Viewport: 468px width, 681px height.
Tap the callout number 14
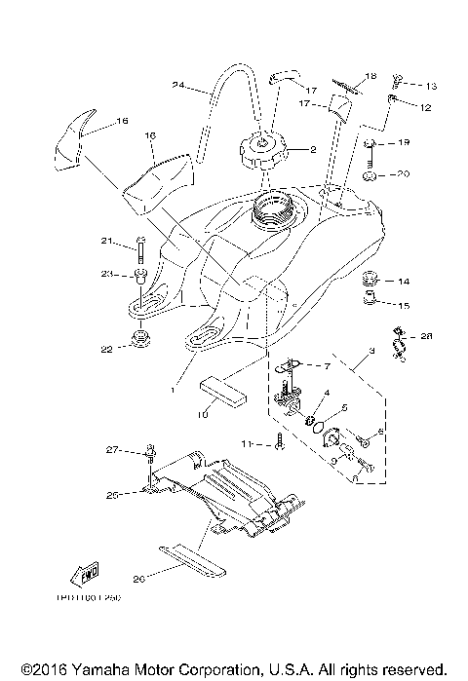click(x=404, y=282)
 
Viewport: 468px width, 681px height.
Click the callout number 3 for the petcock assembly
click(x=371, y=350)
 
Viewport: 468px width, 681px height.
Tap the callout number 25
click(x=112, y=495)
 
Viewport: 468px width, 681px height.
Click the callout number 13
click(x=431, y=87)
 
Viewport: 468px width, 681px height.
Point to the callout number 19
click(x=405, y=143)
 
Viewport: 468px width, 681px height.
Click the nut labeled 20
click(x=372, y=177)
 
